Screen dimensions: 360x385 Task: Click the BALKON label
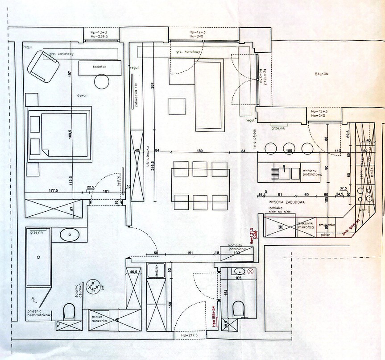321,74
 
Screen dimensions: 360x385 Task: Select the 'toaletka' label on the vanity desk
99,66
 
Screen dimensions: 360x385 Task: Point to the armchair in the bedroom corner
43,66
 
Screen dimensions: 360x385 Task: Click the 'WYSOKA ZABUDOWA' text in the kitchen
287,202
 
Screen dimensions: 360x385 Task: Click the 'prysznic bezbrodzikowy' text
39,314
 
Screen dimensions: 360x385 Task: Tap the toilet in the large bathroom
69,311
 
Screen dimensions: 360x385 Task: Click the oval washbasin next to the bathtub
69,234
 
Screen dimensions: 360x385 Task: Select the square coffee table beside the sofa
177,106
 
